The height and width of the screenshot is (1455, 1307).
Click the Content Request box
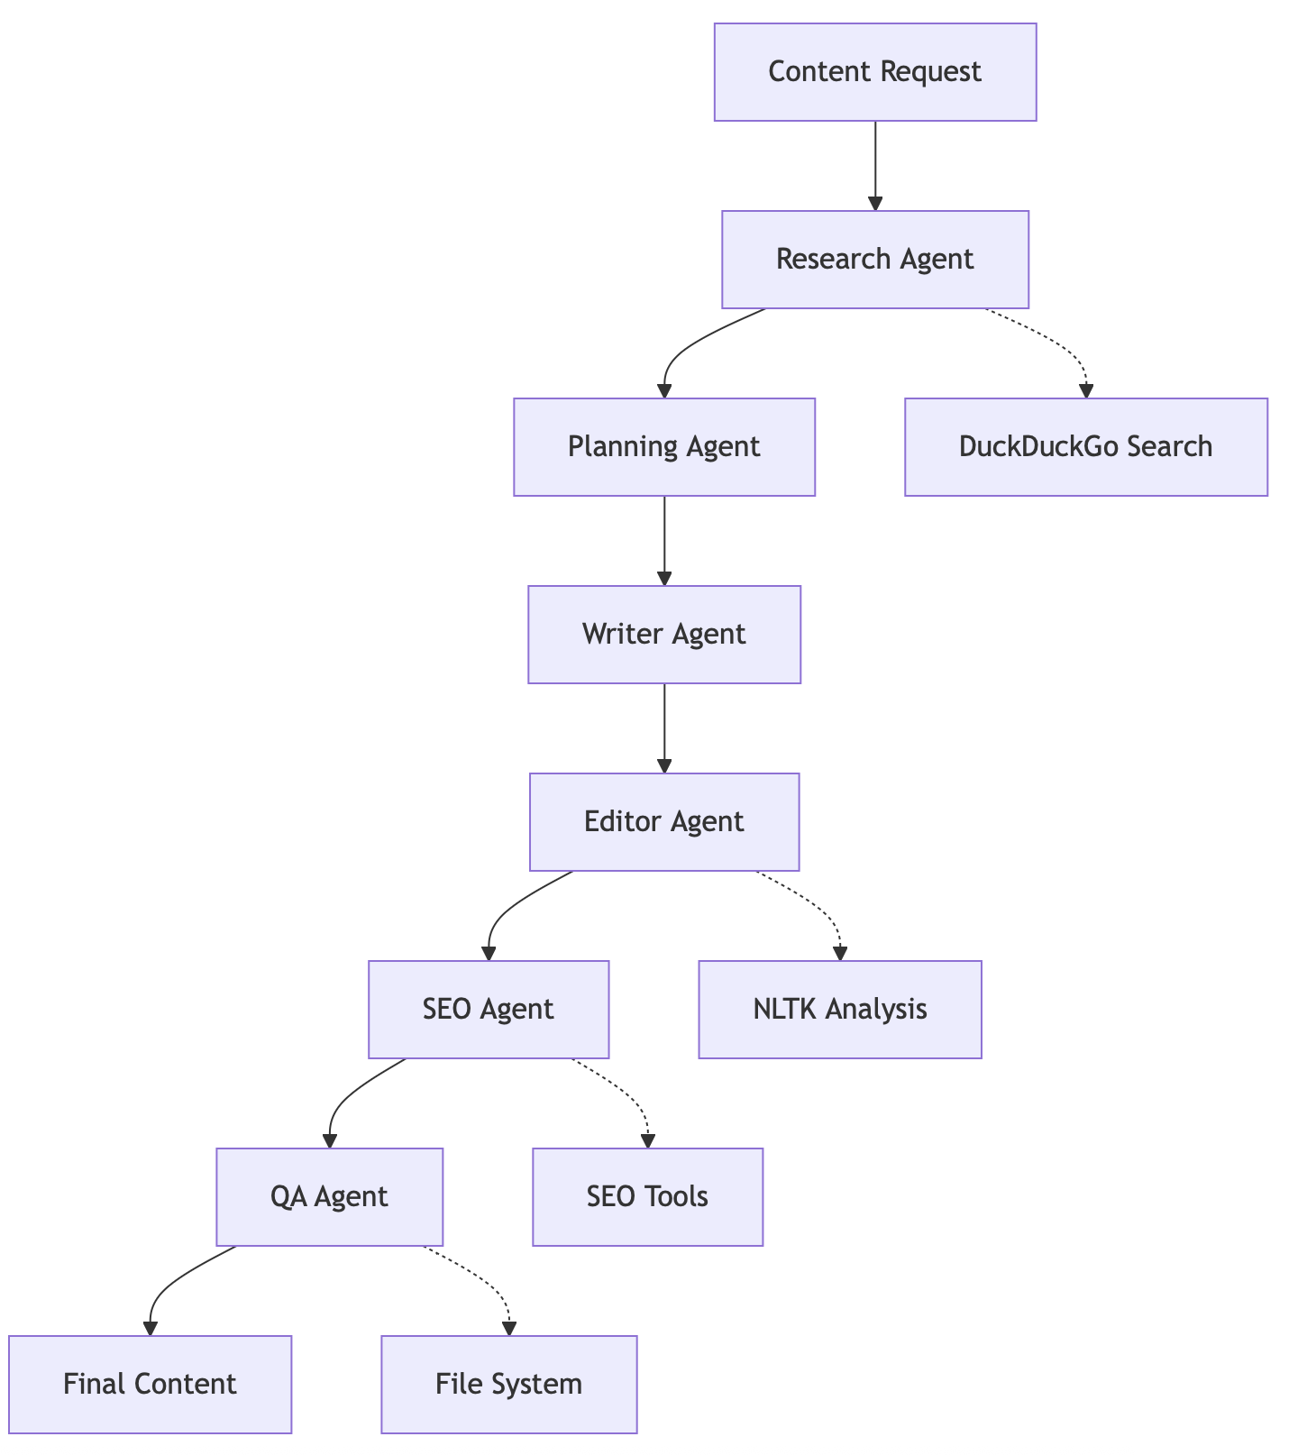[874, 72]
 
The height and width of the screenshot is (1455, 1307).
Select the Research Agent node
[874, 260]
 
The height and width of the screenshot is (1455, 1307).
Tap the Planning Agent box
[664, 447]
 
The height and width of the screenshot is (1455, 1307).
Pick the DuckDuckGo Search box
[1085, 447]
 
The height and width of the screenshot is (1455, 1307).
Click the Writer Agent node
[664, 635]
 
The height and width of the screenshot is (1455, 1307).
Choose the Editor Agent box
[664, 822]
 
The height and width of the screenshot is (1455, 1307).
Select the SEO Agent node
[489, 1010]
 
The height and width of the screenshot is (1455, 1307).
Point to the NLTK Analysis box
[839, 1010]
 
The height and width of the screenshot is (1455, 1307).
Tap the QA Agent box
[329, 1197]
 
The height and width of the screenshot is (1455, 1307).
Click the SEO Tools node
[647, 1197]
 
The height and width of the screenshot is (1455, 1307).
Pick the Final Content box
[150, 1385]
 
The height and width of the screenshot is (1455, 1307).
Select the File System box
[508, 1385]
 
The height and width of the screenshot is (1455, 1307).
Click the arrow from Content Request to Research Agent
[874, 167]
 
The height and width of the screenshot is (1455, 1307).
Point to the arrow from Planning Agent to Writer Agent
[664, 541]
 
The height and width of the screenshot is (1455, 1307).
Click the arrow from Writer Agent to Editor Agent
[664, 728]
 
